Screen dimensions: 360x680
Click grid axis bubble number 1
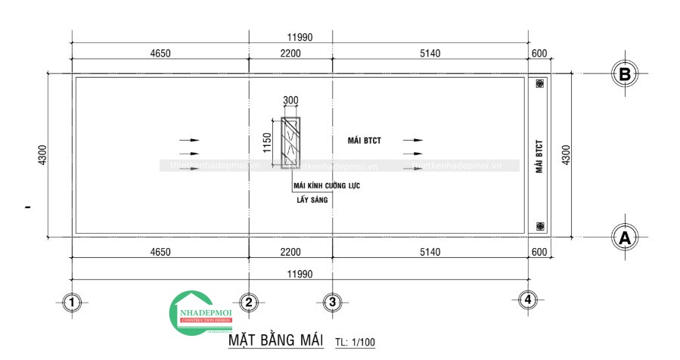pos(71,303)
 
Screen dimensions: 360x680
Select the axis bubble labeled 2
pos(248,303)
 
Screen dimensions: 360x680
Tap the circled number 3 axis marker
pos(331,303)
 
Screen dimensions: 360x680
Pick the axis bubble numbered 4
pos(529,299)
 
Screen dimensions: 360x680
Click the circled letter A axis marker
pos(625,237)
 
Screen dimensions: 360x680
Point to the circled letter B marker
pos(625,74)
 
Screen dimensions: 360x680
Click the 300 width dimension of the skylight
pos(290,101)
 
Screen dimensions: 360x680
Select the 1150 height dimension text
pos(267,143)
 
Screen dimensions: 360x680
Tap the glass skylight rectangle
pos(290,143)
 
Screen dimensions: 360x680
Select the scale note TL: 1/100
pos(355,343)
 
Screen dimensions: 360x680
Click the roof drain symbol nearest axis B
pos(539,85)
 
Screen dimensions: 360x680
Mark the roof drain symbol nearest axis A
pos(539,225)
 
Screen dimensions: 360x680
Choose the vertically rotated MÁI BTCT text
pos(539,157)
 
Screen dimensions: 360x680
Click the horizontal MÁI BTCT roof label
pos(364,141)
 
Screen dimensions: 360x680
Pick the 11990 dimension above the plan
pos(300,37)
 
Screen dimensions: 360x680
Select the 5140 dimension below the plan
pos(430,252)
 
